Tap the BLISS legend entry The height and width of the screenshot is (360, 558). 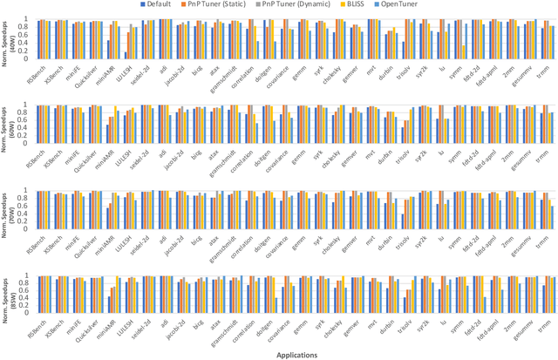point(380,4)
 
